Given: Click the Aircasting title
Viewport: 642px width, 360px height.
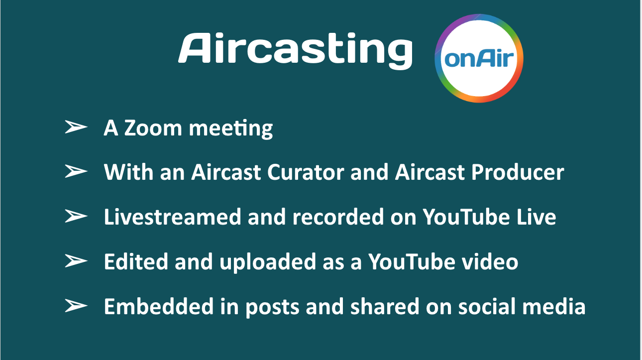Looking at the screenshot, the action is tap(296, 51).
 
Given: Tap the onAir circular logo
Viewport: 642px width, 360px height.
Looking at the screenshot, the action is tap(479, 58).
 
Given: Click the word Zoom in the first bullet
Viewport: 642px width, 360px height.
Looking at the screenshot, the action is tap(153, 128).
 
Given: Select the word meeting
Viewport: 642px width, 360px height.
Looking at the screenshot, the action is tap(231, 129).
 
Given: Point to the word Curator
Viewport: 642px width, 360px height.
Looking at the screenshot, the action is tap(306, 172).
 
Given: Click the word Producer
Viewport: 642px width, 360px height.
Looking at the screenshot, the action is tap(518, 172).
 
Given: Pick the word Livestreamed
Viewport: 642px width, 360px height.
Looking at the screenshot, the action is tap(173, 217).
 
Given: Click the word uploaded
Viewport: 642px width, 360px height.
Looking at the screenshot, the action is tap(267, 262).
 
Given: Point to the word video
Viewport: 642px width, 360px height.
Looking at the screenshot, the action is tap(490, 261).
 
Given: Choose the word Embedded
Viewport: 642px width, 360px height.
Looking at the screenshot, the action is tap(159, 306).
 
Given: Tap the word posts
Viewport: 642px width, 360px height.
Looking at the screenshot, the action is tap(272, 308).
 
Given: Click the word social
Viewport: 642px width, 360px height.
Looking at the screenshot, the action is tap(487, 306).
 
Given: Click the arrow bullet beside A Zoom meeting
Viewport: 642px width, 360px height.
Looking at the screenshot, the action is tap(76, 127).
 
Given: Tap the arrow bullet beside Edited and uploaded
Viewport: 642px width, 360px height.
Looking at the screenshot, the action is tap(76, 261).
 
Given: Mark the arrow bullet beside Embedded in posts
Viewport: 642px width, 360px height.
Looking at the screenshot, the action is tap(76, 306).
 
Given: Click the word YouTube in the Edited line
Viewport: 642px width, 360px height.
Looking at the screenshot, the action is tap(412, 261).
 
